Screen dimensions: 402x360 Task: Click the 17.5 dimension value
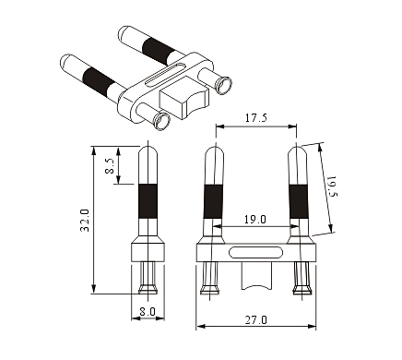click(x=256, y=118)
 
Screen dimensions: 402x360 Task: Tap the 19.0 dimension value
click(x=255, y=220)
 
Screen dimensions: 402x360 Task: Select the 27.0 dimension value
click(x=256, y=320)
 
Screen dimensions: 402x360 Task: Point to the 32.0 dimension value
click(x=85, y=221)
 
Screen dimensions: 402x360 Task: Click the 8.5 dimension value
click(x=110, y=166)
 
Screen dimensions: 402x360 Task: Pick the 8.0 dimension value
click(x=148, y=312)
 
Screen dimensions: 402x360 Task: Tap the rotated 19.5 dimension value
click(x=333, y=186)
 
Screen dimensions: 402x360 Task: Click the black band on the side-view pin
click(x=148, y=201)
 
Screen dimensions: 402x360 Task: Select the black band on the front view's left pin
click(x=213, y=202)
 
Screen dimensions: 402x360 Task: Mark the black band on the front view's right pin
click(x=298, y=202)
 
